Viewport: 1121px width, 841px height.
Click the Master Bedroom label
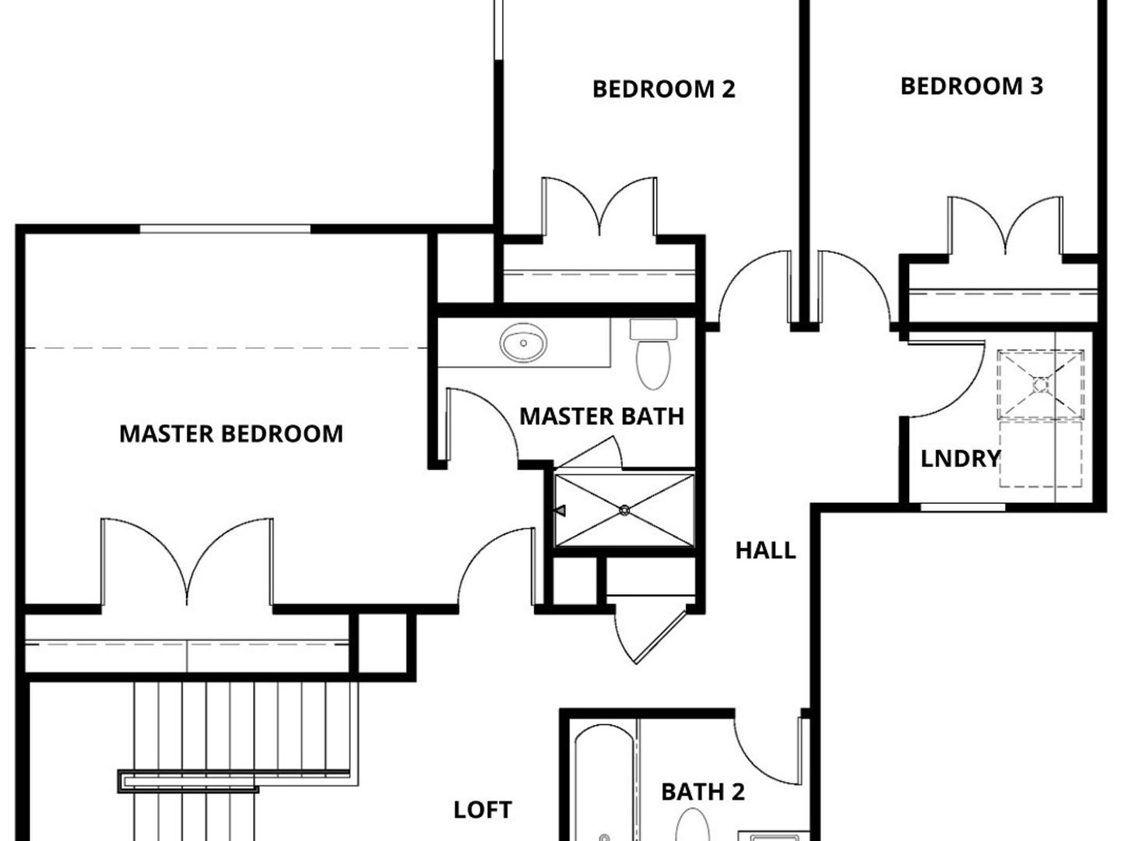[231, 434]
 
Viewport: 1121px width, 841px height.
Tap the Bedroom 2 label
[663, 90]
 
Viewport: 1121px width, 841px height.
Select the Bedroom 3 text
[972, 86]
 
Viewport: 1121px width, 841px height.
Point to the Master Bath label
[602, 416]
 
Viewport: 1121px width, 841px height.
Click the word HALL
[765, 551]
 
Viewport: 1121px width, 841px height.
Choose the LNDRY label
[960, 459]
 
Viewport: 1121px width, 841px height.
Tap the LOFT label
[483, 810]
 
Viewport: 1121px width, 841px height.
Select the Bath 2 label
[703, 792]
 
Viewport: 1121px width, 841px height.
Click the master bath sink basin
[523, 343]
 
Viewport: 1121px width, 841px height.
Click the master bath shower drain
[624, 510]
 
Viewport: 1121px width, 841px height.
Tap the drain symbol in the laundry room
[1040, 385]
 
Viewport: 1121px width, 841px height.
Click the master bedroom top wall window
[225, 229]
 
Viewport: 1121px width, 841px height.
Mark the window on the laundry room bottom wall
[963, 507]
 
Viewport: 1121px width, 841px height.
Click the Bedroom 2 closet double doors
[599, 207]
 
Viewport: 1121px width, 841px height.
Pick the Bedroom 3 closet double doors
[1005, 225]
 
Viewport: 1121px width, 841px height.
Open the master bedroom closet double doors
[187, 561]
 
